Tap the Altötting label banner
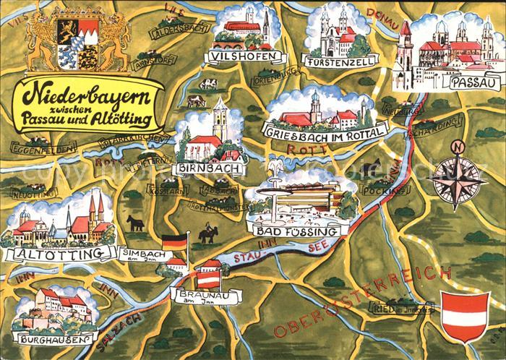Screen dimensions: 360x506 pyautogui.click(x=60, y=253)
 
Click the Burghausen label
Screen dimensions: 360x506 pyautogui.click(x=50, y=338)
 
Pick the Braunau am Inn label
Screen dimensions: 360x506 pyautogui.click(x=197, y=296)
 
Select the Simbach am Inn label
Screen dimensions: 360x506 pyautogui.click(x=141, y=254)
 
